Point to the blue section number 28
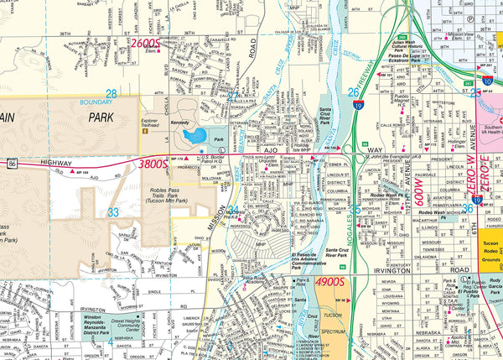tap(111, 93)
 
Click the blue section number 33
tap(112, 212)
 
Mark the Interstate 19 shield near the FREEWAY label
tap(358, 106)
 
